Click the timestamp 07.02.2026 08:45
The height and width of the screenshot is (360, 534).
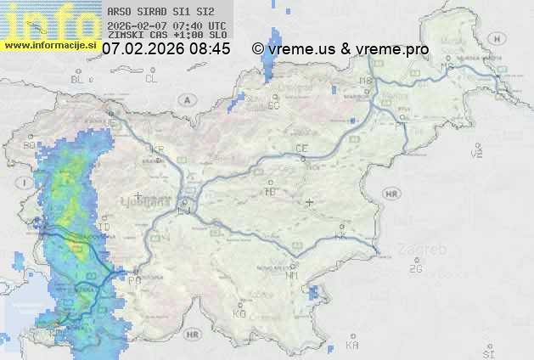pos(166,49)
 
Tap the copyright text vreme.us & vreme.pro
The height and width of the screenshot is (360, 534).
pos(340,49)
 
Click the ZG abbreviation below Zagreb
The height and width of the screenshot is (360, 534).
pos(415,269)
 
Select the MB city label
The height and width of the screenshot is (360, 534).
pos(368,81)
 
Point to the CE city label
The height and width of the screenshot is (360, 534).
pos(301,149)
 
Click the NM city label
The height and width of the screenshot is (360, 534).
pos(293,275)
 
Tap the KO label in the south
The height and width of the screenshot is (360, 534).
pos(239,313)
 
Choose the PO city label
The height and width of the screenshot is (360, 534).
pos(135,278)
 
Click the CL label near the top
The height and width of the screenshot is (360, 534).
pos(151,79)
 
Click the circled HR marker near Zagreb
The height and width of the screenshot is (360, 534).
pos(391,194)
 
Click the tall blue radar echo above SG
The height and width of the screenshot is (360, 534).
pos(273,55)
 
